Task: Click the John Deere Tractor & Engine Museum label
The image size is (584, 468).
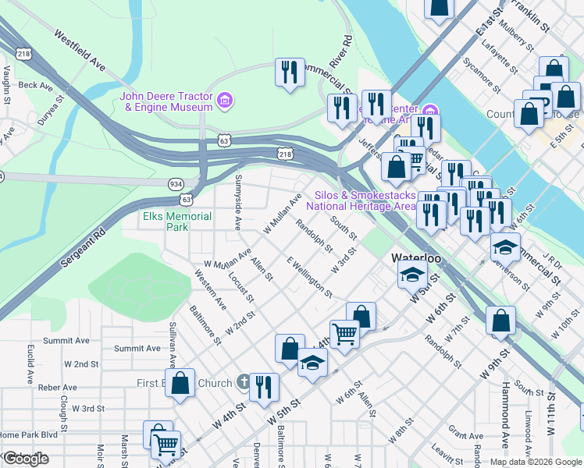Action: [x=166, y=101]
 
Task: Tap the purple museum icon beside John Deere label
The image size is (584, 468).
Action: [x=225, y=101]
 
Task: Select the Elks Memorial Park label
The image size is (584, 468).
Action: [x=166, y=222]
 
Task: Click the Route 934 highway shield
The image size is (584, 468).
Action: [x=176, y=183]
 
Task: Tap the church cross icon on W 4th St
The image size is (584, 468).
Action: [x=244, y=383]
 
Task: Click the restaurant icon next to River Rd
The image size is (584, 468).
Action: [x=290, y=73]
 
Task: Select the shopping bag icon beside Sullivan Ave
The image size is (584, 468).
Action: [x=180, y=384]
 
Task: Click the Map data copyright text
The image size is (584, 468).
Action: [x=535, y=462]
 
